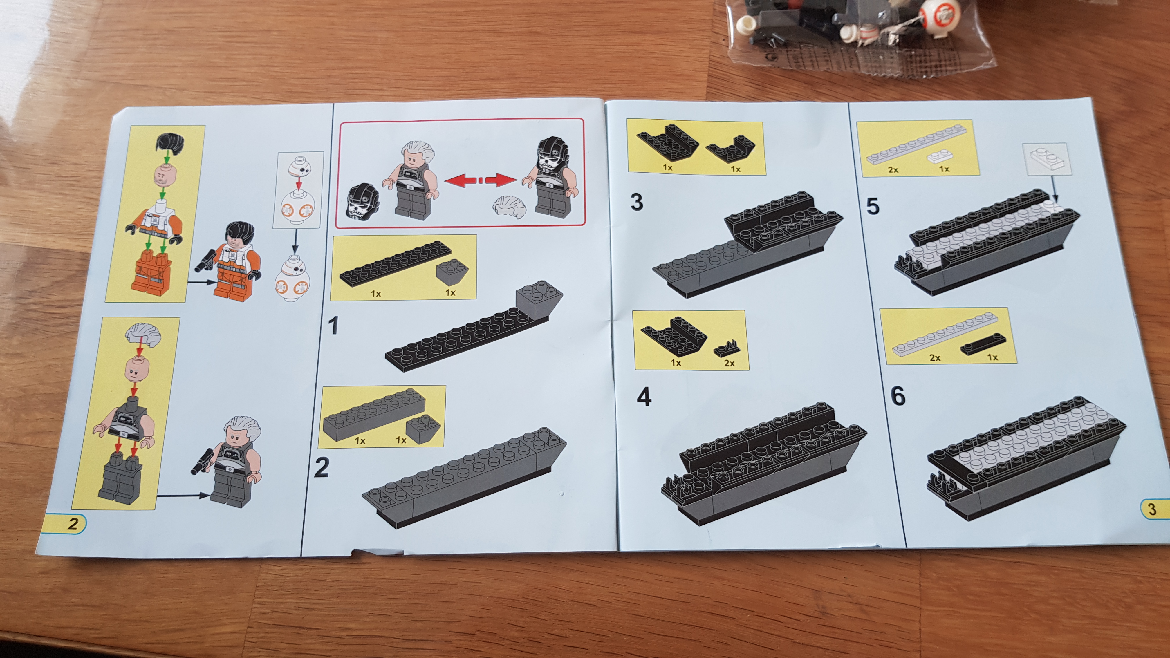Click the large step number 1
pos(334,326)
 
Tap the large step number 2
pos(322,467)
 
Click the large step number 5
pos(873,206)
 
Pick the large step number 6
pos(898,396)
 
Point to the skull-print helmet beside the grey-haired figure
pos(363,203)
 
